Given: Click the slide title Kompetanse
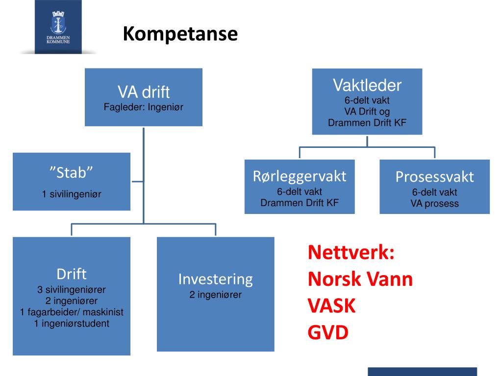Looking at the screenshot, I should click(180, 34).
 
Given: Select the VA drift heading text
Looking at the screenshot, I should click(143, 92).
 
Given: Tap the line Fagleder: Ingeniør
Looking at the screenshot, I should click(143, 107).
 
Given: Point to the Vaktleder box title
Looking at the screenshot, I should click(367, 86).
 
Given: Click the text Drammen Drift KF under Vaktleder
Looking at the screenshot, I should click(367, 122).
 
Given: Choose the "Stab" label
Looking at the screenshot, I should click(72, 172).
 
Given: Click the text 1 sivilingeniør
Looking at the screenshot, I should click(72, 194).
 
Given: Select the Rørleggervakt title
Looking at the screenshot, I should click(300, 176).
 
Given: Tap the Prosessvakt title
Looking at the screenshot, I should click(435, 177).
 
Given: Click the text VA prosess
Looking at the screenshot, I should click(435, 204).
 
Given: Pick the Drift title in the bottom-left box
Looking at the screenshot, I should click(72, 273).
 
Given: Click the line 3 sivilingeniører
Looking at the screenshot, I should click(72, 289).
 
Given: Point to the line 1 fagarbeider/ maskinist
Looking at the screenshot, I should click(72, 312).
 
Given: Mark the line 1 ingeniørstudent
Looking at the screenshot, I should click(72, 323).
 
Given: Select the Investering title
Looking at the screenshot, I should click(215, 279).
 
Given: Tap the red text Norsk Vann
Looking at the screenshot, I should click(360, 280).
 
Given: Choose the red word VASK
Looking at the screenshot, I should click(331, 306).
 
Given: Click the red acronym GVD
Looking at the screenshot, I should click(328, 333).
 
